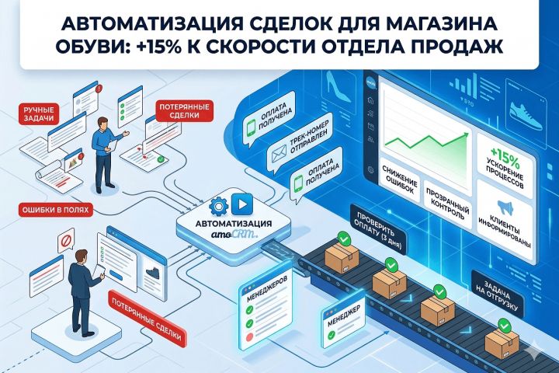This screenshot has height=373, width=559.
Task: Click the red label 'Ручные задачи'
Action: click(39, 113)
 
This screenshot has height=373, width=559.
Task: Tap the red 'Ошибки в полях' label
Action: click(55, 210)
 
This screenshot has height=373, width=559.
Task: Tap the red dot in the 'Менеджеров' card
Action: click(249, 336)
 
